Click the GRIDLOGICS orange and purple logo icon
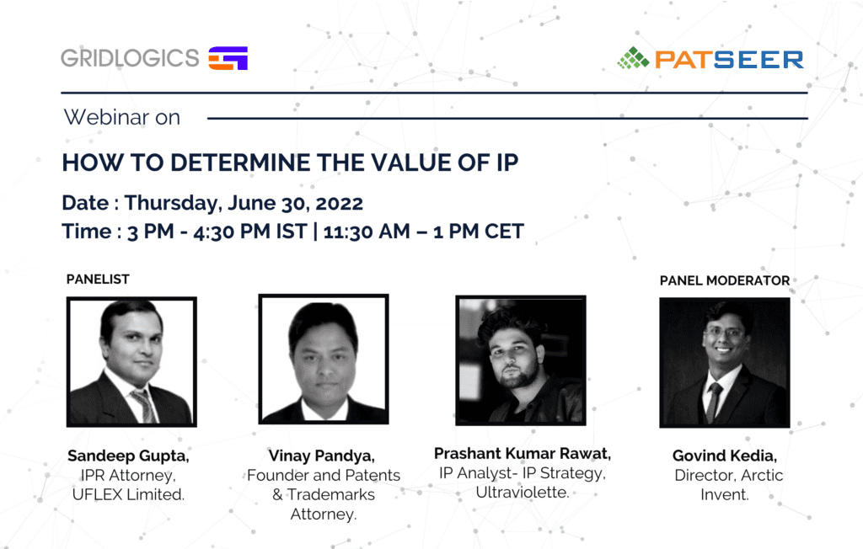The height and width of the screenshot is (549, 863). (x=228, y=58)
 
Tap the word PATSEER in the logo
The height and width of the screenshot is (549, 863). (x=729, y=60)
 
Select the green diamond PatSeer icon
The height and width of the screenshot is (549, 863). (x=634, y=58)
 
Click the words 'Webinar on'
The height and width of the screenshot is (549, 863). (x=122, y=117)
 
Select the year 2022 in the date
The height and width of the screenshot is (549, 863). (x=340, y=204)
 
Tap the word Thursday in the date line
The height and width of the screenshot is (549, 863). (x=173, y=204)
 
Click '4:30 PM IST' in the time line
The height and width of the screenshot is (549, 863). (x=249, y=232)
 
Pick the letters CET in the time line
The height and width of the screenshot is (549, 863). (x=504, y=232)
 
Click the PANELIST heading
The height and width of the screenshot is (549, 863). (x=98, y=280)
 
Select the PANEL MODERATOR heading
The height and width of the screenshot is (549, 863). (x=725, y=280)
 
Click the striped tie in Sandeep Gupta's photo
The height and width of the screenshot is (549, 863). (x=144, y=406)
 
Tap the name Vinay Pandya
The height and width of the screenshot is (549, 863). (x=321, y=456)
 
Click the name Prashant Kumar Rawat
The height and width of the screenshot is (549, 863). (x=523, y=454)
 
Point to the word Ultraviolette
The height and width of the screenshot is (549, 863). (x=523, y=493)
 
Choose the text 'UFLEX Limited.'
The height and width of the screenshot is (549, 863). (x=128, y=494)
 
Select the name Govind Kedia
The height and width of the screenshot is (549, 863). (x=724, y=456)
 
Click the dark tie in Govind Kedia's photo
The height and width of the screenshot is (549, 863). (x=714, y=402)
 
